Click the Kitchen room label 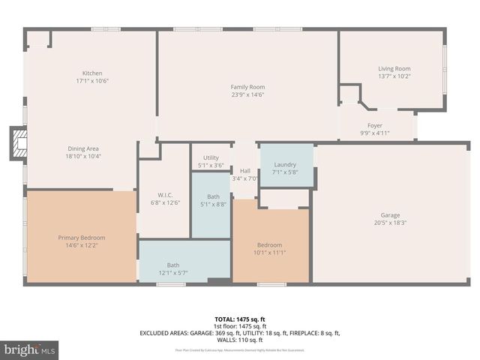(92, 73)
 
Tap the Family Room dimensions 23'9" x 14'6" (247, 95)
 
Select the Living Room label (394, 68)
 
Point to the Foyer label (375, 125)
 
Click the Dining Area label (83, 148)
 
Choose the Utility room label (211, 157)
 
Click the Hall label (245, 170)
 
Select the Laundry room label (285, 164)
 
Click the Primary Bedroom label (82, 237)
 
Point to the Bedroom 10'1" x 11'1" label (270, 244)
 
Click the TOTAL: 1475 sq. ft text (239, 319)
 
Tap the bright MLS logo (29, 349)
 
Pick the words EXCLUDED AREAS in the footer (161, 332)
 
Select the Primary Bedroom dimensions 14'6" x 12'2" (82, 245)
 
